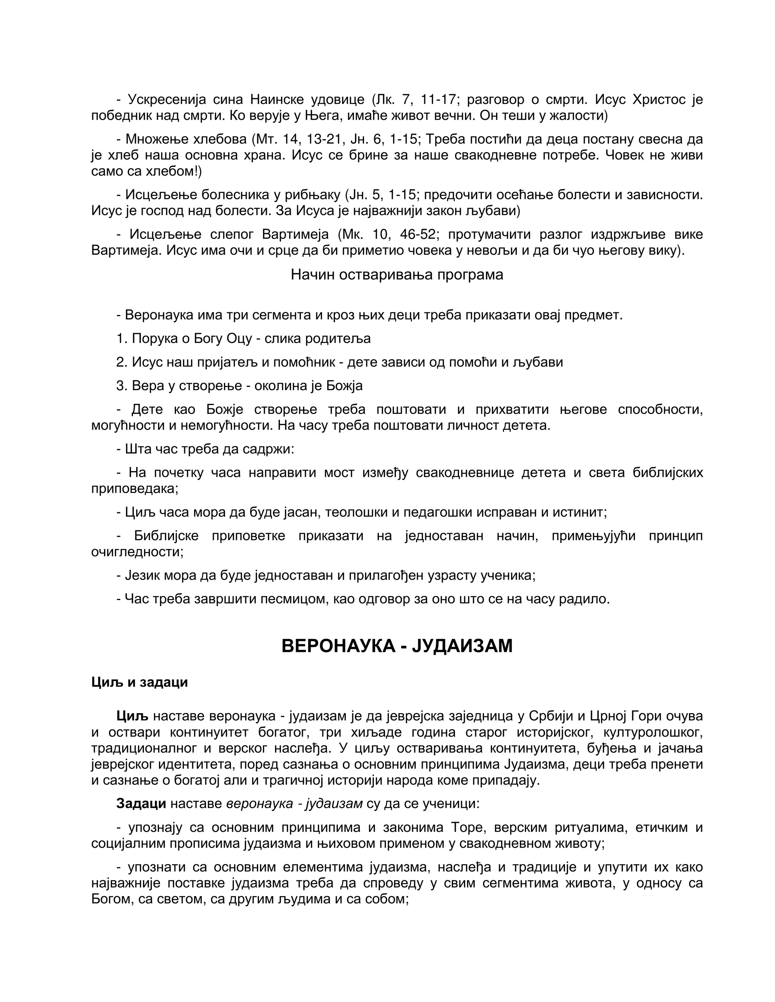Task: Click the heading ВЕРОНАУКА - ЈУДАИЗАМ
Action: [397, 646]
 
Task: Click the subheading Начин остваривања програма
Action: [397, 275]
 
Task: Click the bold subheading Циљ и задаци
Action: [140, 682]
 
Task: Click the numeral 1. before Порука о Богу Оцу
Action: [122, 338]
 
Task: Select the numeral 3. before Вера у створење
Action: [122, 385]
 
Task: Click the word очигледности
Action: [137, 552]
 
